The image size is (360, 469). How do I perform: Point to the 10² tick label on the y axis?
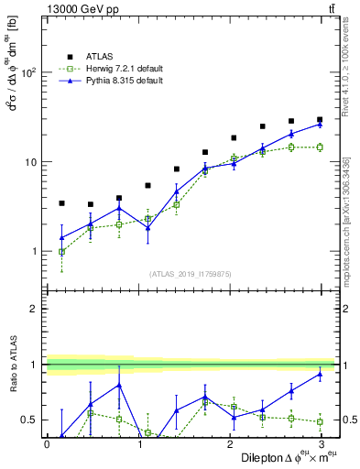[28, 73]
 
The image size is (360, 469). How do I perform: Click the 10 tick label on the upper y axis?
[31, 162]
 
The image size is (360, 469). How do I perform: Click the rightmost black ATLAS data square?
[320, 120]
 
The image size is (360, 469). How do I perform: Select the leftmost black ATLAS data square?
[61, 203]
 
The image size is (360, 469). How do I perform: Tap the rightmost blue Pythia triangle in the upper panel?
[320, 124]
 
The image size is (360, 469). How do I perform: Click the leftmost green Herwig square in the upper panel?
[61, 252]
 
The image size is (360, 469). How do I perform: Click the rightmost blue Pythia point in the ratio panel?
[320, 374]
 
